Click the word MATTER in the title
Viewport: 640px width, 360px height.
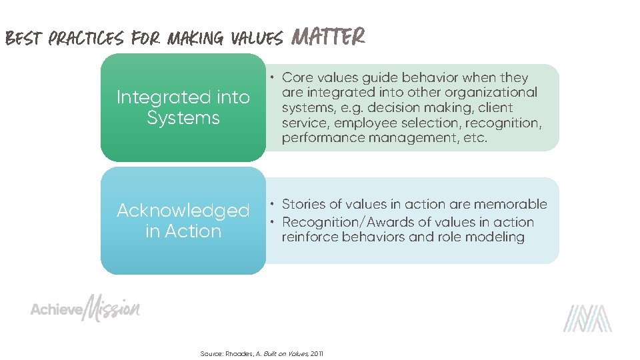coord(329,37)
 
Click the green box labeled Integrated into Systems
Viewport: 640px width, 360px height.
coord(183,107)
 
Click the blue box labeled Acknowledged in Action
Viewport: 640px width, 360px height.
coord(183,221)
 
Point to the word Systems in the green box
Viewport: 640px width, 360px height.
coord(183,118)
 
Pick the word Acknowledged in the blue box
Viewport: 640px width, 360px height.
coord(183,211)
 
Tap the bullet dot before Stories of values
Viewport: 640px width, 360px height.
coord(274,204)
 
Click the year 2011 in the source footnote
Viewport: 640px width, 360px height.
coord(317,353)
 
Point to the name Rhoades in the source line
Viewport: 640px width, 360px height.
coord(239,353)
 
